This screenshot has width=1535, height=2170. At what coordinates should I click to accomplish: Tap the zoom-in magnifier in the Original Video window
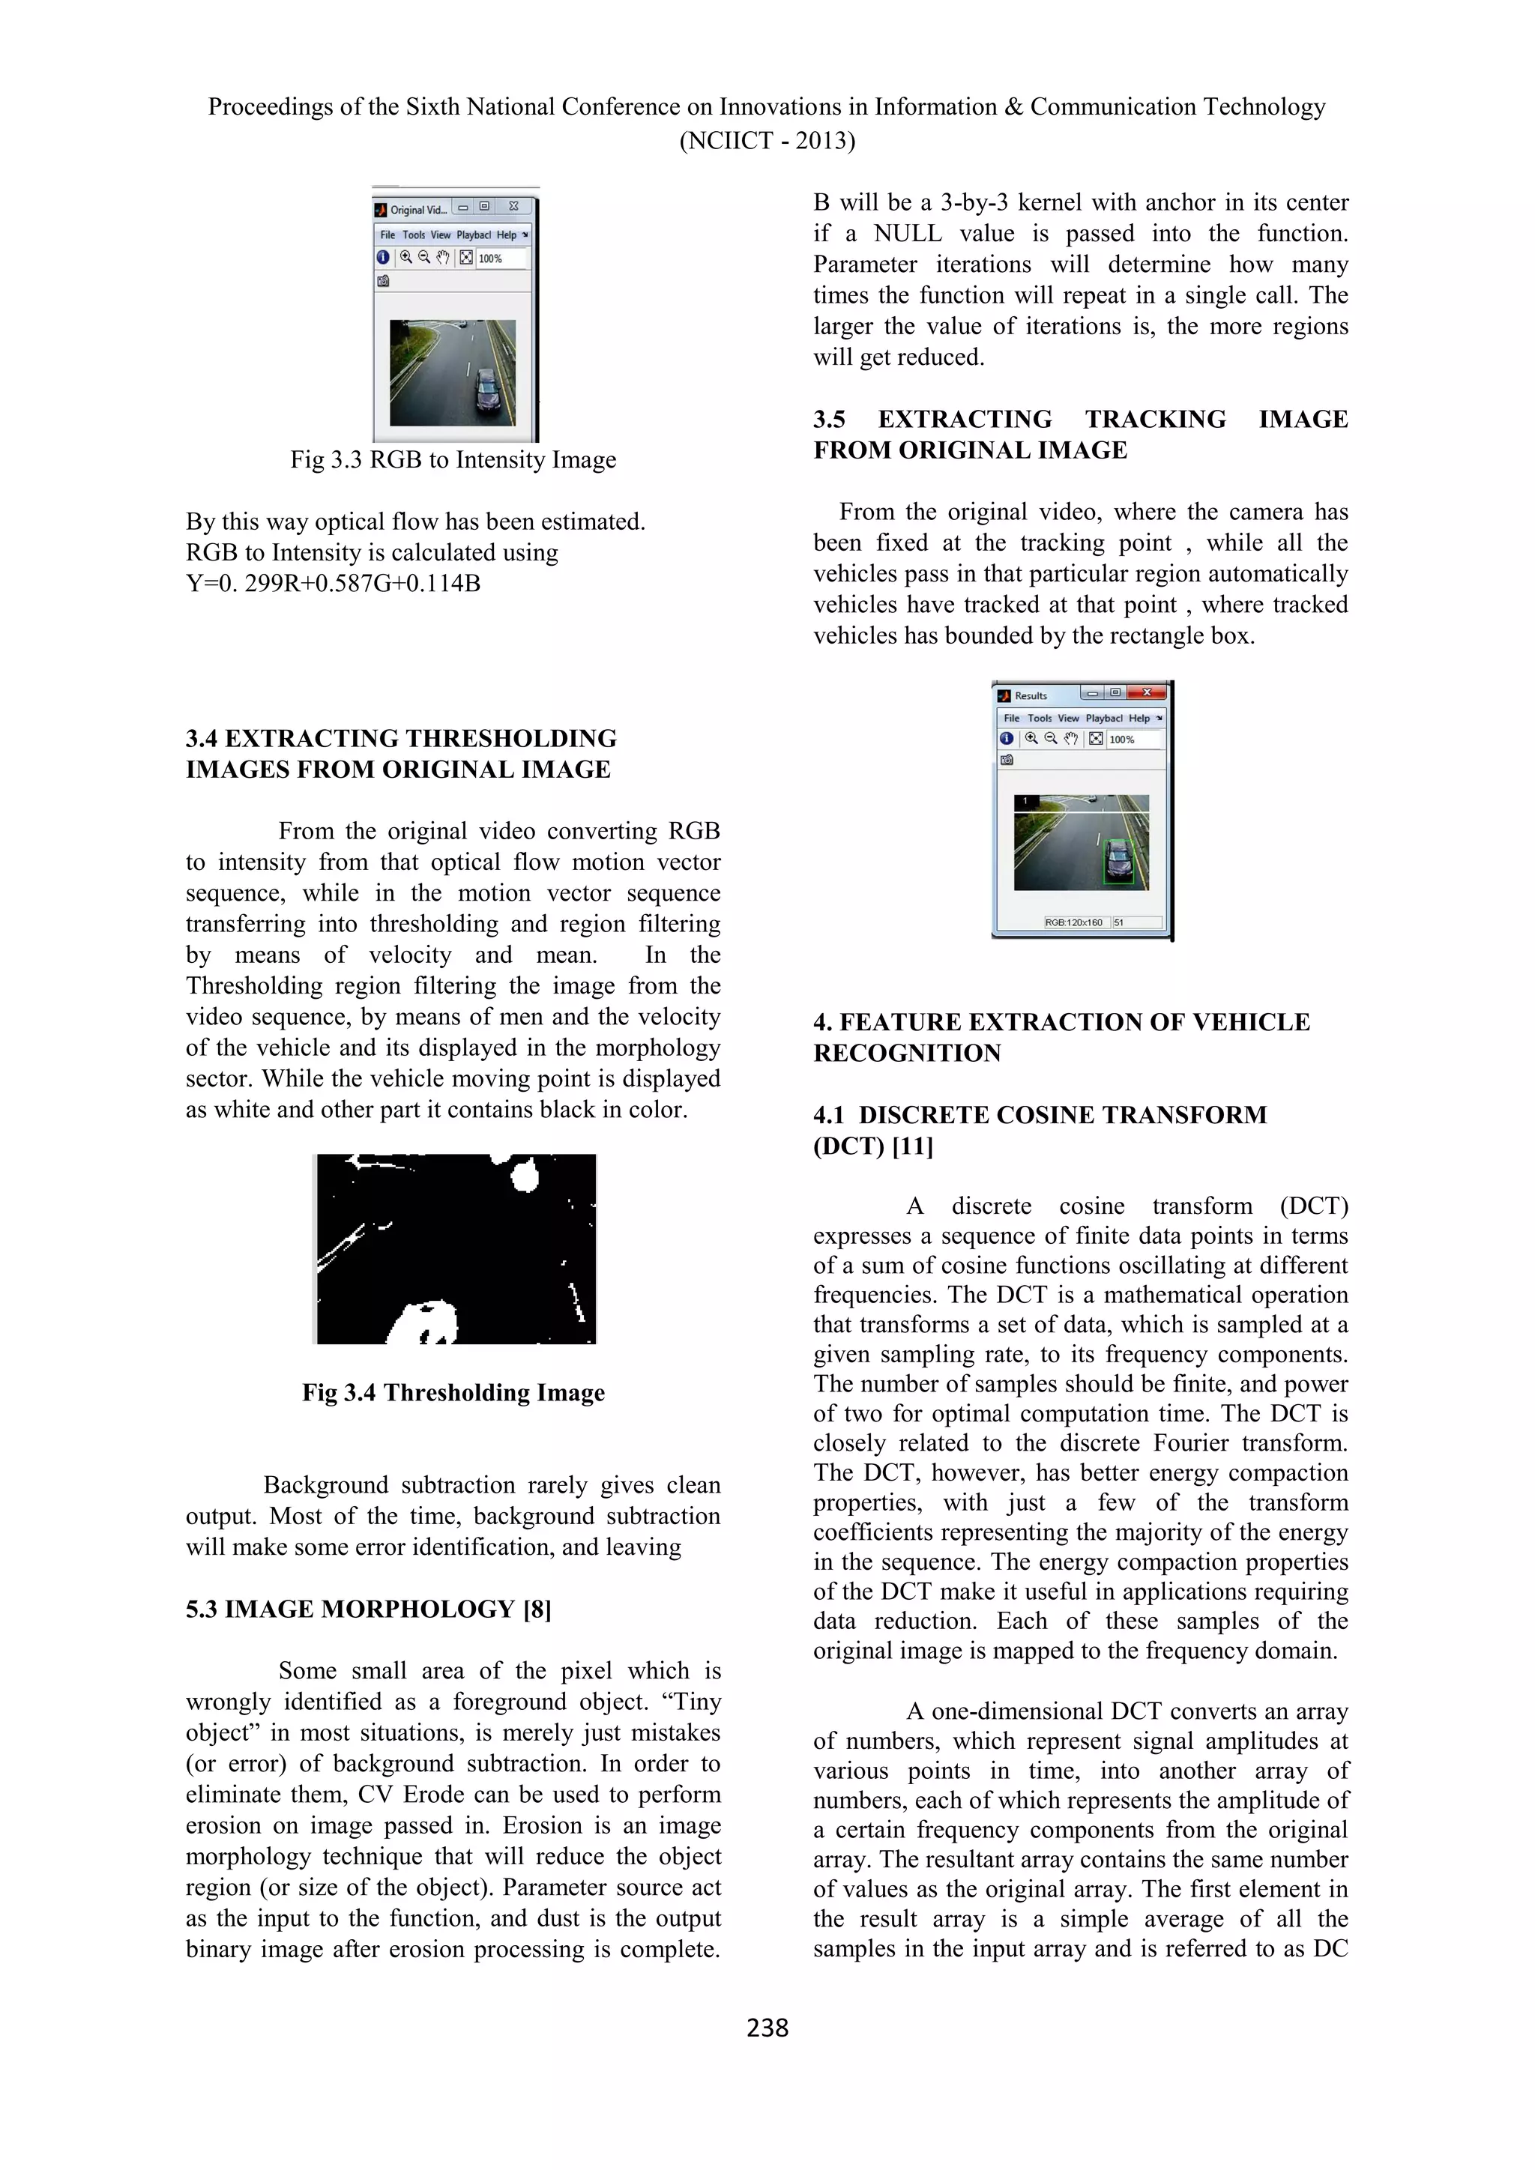point(406,257)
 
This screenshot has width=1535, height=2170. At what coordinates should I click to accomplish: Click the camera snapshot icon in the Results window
point(1007,760)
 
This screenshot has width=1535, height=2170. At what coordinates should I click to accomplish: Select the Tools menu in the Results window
point(1039,719)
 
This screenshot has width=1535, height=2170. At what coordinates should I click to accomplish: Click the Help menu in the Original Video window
point(507,235)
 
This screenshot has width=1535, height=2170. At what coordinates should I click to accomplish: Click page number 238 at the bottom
point(767,2028)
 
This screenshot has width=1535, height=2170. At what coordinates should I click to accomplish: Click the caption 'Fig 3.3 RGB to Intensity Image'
point(453,460)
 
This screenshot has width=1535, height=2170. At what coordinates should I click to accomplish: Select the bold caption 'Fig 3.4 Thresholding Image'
point(453,1393)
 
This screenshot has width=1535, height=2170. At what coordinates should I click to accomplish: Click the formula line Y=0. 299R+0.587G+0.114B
point(333,584)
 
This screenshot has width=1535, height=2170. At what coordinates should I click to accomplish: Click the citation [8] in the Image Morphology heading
point(536,1610)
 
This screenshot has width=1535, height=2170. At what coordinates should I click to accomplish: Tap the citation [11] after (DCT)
point(912,1146)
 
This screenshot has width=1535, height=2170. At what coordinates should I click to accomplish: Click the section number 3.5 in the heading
point(830,420)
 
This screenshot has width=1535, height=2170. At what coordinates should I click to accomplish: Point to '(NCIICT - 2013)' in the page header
point(767,141)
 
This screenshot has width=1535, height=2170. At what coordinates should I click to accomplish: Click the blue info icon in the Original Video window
point(383,257)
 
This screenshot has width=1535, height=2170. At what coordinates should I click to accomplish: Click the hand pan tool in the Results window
point(1070,739)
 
